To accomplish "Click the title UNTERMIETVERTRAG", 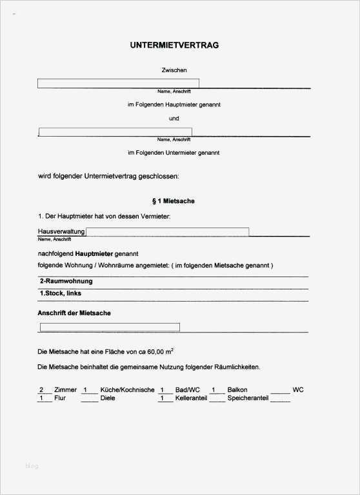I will coord(174,45).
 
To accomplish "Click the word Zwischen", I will coord(174,70).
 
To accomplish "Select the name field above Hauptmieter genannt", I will coord(118,83).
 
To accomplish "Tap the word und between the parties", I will coord(174,119).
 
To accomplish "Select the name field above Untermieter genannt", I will coord(115,132).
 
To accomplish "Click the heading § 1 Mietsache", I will coord(172,201).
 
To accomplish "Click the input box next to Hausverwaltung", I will coord(167,232).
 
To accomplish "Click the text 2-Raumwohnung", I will coord(66,282).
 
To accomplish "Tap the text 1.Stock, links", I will coord(61,293).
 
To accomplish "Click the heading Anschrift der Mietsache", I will coord(75,313).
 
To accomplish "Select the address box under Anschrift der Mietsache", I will coord(110,327).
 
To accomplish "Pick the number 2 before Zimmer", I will coord(42,390).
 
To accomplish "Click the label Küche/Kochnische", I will coord(127,390).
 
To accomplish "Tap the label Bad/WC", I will coord(188,390).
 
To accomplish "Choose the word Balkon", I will coord(237,390).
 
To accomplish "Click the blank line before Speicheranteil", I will coord(217,399).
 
